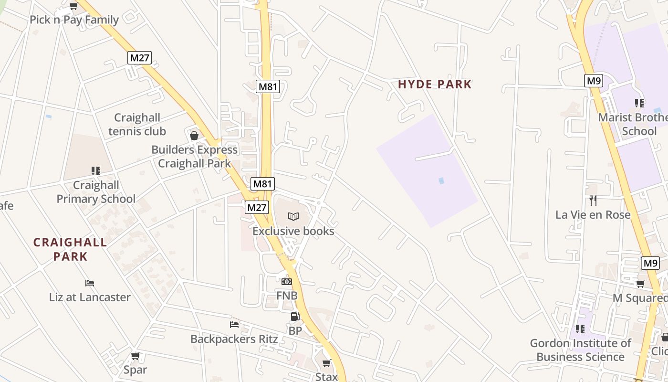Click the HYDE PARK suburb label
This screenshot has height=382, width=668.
pyautogui.click(x=435, y=85)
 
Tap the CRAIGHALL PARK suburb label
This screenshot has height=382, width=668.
pyautogui.click(x=70, y=249)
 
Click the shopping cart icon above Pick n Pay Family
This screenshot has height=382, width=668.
pyautogui.click(x=73, y=6)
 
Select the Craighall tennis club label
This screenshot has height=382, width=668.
pyautogui.click(x=137, y=124)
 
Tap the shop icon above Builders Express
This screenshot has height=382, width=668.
pyautogui.click(x=194, y=136)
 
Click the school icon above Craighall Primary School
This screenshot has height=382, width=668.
pyautogui.click(x=96, y=171)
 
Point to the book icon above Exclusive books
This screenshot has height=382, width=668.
pyautogui.click(x=293, y=217)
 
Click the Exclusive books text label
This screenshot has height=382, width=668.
pyautogui.click(x=293, y=231)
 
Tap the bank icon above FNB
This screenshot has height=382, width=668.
pyautogui.click(x=287, y=282)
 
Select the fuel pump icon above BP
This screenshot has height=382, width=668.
pyautogui.click(x=295, y=317)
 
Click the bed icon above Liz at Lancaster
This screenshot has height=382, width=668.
pyautogui.click(x=90, y=283)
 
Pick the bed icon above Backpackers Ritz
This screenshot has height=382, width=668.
pyautogui.click(x=234, y=325)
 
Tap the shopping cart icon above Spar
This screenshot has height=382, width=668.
pyautogui.click(x=136, y=356)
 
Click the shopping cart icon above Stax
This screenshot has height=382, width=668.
pyautogui.click(x=326, y=363)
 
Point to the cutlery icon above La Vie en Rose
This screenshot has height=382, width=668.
pyautogui.click(x=593, y=201)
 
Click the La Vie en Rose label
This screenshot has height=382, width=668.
pyautogui.click(x=593, y=215)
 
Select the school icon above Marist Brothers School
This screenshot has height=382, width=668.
pyautogui.click(x=639, y=103)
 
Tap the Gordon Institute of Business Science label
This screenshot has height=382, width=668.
pyautogui.click(x=580, y=350)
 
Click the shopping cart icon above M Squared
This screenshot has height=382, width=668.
pyautogui.click(x=641, y=284)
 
